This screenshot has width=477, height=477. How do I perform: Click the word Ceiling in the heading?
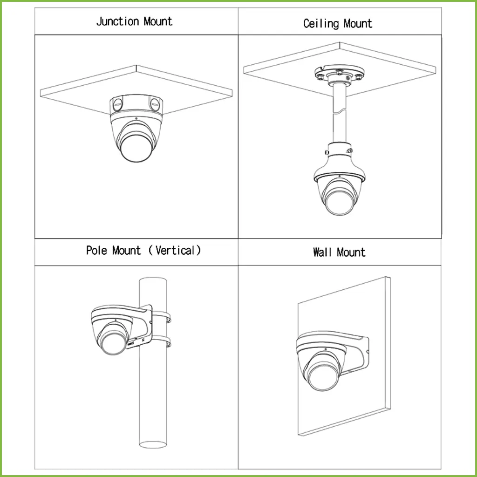click(321, 24)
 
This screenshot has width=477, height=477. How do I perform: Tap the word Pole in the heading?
click(96, 251)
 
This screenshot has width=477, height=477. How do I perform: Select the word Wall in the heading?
click(322, 253)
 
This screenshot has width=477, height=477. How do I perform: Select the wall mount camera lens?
click(321, 373)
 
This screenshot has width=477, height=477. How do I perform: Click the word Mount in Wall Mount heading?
click(351, 253)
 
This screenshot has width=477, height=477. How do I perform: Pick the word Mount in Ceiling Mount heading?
click(358, 24)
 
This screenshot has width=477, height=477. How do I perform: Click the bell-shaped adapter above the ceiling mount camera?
click(340, 161)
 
